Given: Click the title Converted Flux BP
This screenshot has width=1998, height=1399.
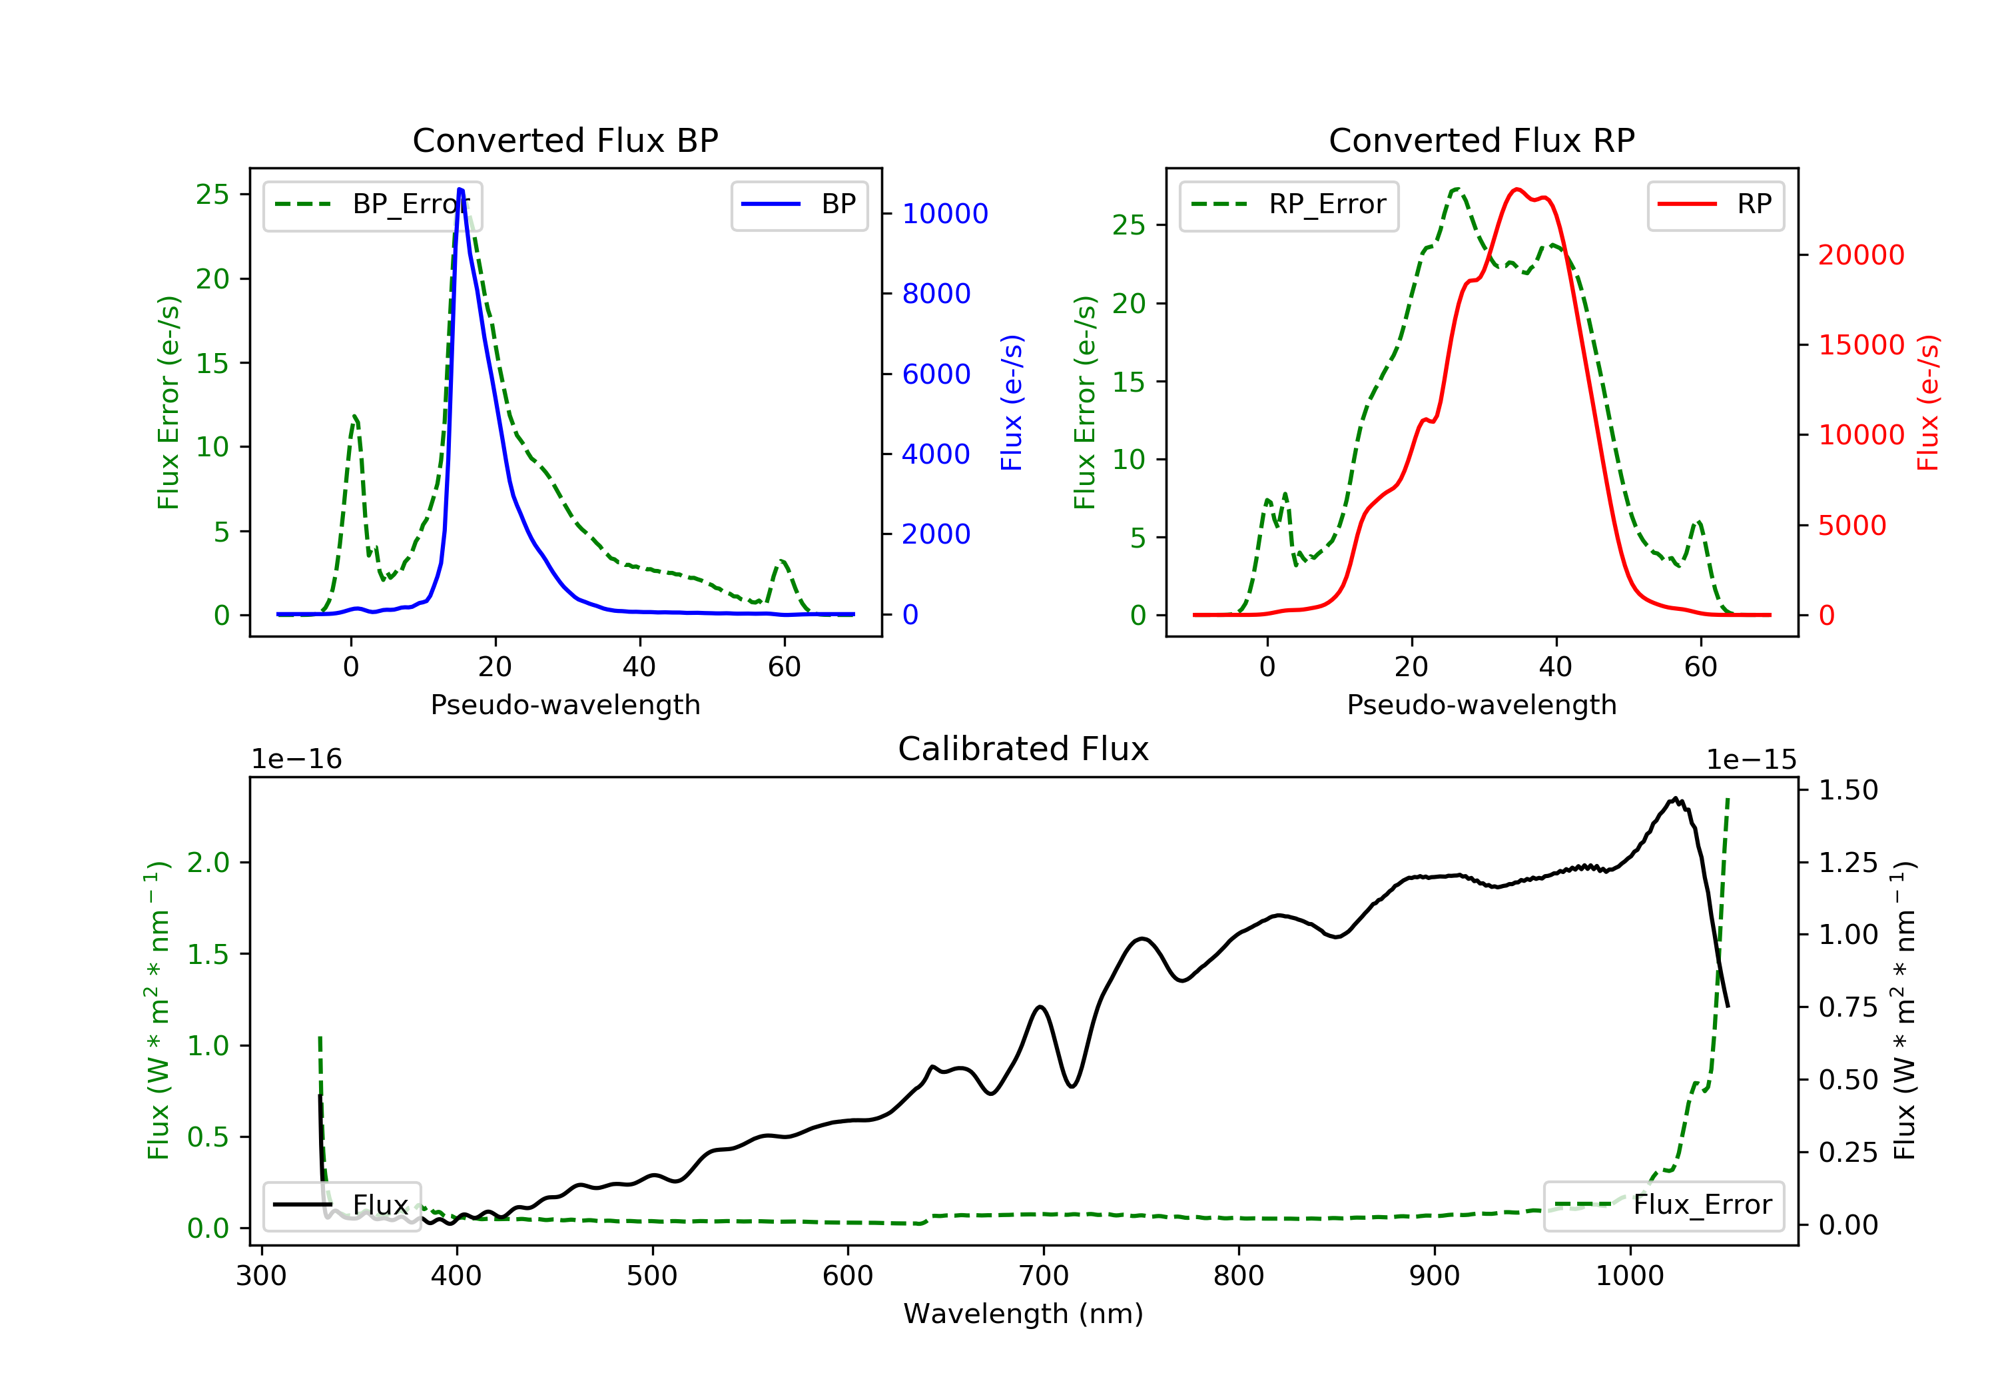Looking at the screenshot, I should point(565,140).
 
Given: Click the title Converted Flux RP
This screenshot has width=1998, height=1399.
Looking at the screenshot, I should point(1481,140).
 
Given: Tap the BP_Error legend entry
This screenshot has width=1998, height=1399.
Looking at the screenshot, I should point(372,205).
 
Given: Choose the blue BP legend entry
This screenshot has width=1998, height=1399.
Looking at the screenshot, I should point(799,205).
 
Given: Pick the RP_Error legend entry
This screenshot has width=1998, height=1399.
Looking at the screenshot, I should point(1288,205).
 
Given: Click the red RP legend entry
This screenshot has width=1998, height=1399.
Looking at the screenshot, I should point(1714,205).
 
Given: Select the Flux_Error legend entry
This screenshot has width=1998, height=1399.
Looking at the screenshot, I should point(1663,1205).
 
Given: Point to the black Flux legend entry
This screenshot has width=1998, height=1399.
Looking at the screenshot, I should point(341,1205).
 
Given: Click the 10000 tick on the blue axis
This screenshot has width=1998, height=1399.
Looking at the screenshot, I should point(944,214).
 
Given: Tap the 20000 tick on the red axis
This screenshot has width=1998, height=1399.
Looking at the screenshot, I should point(1861,255).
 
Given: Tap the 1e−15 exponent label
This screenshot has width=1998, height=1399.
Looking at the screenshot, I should point(1751,760).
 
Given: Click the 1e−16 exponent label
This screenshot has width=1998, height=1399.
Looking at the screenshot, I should point(297,760).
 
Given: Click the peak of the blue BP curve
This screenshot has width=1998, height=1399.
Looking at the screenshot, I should point(460,189).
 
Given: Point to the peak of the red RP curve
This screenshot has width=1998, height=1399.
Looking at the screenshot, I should point(1516,189).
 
